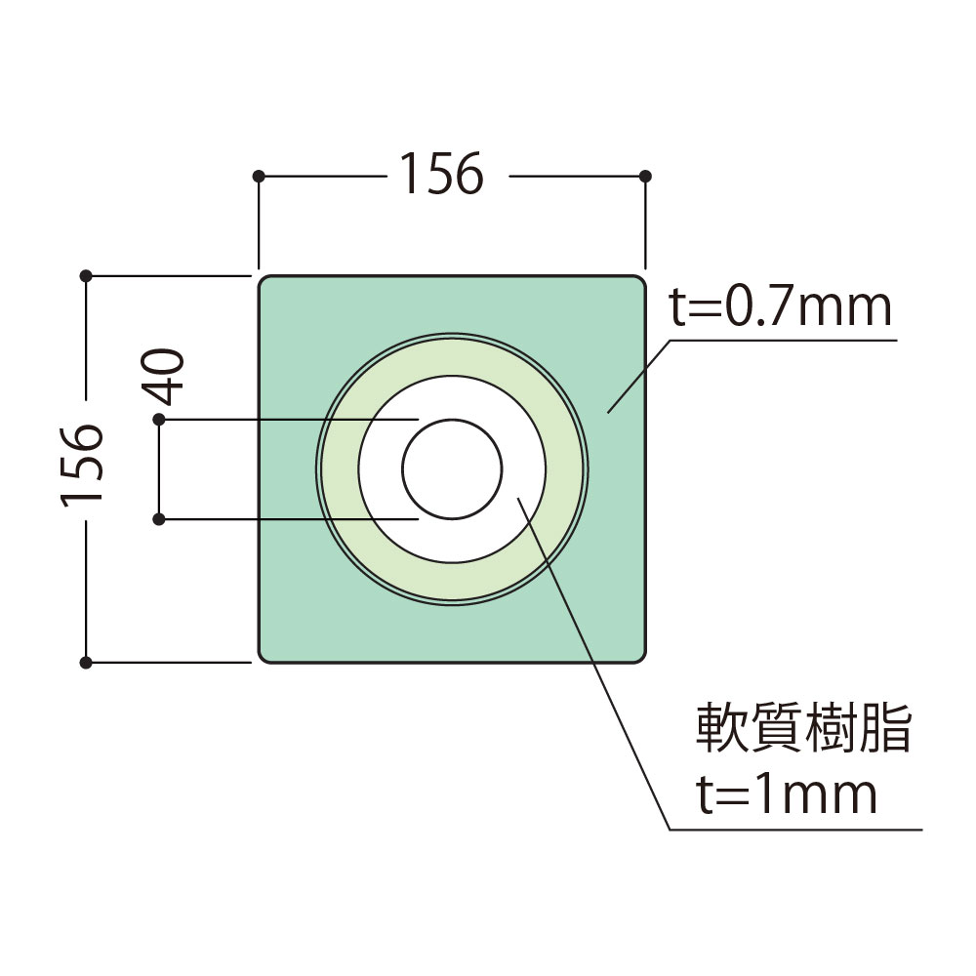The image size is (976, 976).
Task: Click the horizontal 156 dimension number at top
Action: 439,177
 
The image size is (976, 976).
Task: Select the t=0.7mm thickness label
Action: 780,308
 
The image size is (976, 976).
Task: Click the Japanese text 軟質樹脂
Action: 802,730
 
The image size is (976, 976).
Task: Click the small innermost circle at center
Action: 452,469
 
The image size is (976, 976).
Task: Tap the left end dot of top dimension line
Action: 258,177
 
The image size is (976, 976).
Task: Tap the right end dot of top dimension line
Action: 645,177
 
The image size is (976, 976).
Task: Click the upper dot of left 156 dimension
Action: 86,276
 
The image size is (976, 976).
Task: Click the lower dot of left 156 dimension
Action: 86,663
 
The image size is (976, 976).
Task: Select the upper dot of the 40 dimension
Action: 159,420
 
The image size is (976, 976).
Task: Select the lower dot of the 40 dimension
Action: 159,518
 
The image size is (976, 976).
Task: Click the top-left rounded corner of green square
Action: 263,281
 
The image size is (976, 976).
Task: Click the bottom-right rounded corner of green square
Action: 641,658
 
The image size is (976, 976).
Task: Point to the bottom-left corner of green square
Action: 263,658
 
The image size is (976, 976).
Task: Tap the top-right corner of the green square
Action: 641,281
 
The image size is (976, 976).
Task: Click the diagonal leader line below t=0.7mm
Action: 639,376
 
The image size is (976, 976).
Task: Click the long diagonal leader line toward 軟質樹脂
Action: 595,664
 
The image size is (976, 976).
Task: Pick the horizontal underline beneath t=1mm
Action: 795,831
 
